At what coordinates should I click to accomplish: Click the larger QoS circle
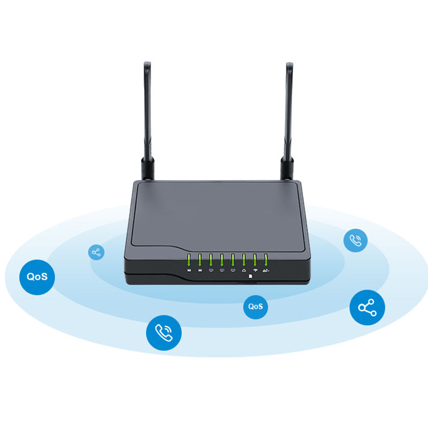[x=37, y=277]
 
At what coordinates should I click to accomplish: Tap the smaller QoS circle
[x=255, y=307]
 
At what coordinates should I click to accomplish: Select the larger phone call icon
[x=164, y=333]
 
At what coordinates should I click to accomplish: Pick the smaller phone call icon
[x=355, y=240]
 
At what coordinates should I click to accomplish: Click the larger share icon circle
[x=367, y=307]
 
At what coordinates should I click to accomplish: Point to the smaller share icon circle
[x=96, y=252]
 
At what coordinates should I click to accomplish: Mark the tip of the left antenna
[x=147, y=65]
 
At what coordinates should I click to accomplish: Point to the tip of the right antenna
[x=289, y=65]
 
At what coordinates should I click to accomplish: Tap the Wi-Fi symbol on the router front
[x=255, y=270]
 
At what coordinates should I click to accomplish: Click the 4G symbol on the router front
[x=266, y=270]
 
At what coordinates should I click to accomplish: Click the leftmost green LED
[x=189, y=260]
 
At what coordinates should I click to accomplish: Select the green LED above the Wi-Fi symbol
[x=255, y=260]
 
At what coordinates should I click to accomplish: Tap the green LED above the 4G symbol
[x=266, y=260]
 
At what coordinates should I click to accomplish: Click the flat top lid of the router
[x=214, y=211]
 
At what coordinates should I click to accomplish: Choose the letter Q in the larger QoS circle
[x=30, y=277]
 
